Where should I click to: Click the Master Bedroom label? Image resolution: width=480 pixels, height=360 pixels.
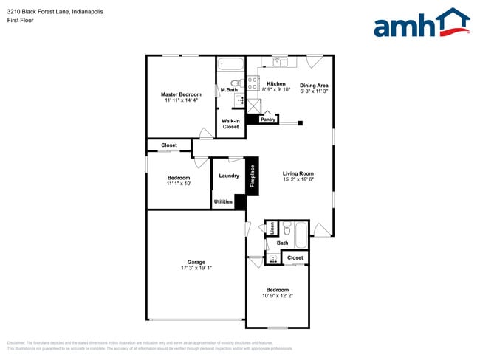(181, 94)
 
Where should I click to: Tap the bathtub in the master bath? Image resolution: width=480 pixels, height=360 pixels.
(230, 64)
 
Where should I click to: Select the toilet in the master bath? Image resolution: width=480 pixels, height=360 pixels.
(235, 83)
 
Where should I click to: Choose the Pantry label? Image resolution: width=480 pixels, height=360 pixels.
(268, 119)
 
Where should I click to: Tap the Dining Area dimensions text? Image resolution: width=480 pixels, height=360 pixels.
(315, 91)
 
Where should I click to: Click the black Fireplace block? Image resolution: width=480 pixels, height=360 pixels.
(252, 176)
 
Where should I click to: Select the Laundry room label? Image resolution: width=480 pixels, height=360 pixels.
(229, 176)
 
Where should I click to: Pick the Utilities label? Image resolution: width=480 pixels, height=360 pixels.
(223, 201)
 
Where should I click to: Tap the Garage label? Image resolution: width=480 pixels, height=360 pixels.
(196, 262)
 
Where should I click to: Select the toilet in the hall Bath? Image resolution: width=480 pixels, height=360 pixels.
(287, 229)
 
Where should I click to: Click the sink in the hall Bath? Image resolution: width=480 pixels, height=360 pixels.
(273, 258)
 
